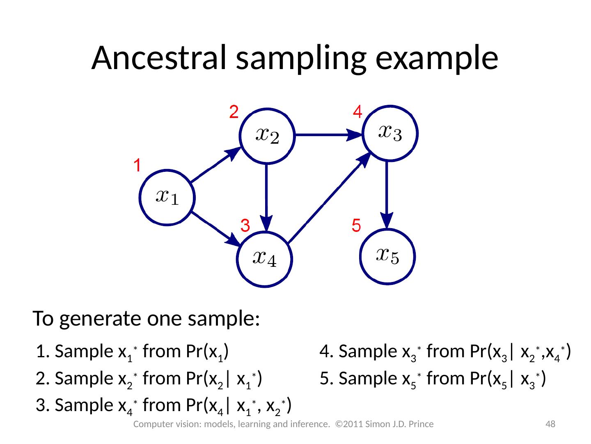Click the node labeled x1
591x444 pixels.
(167, 197)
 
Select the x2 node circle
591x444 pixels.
(267, 136)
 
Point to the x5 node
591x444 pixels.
(388, 256)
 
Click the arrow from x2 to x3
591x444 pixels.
(328, 134)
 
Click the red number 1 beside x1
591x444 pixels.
(137, 166)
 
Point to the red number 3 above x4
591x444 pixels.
(245, 226)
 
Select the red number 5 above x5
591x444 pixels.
(356, 225)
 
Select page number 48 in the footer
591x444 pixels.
(550, 424)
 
